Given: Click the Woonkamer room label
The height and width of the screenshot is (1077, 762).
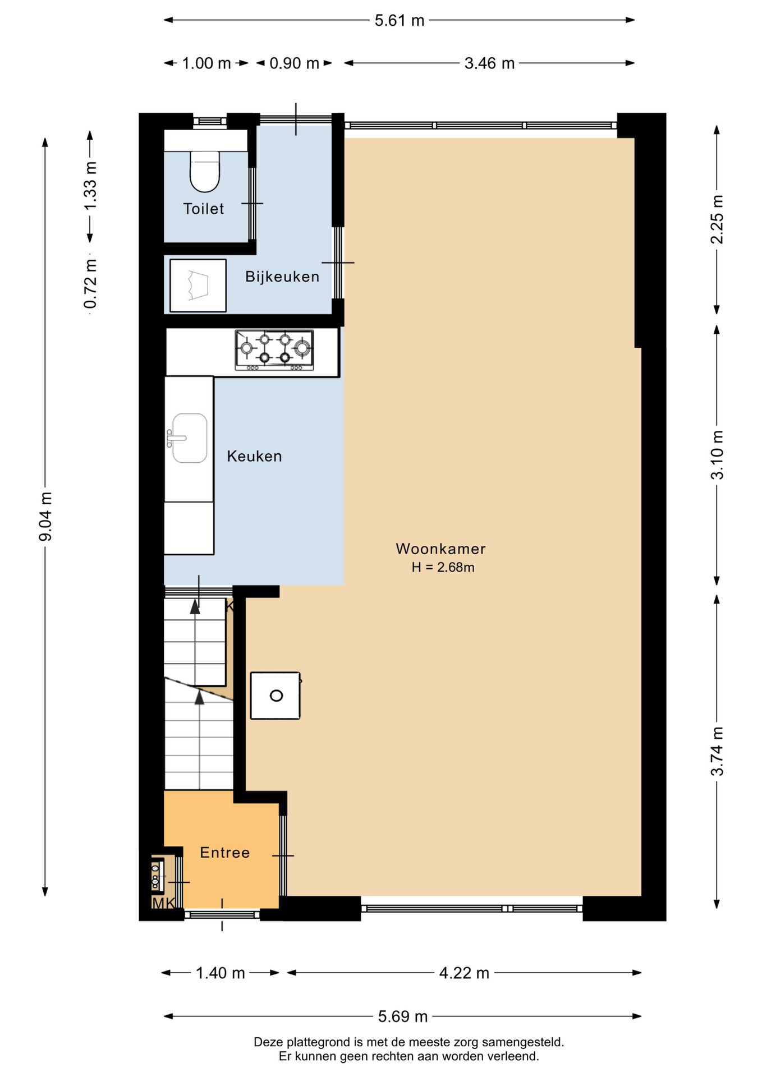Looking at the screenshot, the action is [440, 549].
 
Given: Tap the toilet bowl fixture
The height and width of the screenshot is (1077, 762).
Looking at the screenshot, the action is [205, 171].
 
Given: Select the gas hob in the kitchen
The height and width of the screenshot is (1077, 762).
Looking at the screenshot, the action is [274, 350].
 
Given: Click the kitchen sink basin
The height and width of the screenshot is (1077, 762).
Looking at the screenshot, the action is [190, 438].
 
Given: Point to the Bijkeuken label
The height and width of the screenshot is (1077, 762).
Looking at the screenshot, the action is [282, 277].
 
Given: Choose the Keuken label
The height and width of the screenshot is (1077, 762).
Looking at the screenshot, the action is [254, 456].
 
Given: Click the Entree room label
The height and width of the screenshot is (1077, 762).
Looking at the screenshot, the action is [224, 853].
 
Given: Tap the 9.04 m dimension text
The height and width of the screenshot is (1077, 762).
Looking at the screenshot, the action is [45, 517].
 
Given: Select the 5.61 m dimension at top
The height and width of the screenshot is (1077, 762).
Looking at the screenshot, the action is [400, 21].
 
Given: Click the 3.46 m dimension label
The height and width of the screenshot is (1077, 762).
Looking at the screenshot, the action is [489, 63].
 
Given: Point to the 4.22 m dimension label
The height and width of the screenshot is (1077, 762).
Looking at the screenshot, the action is [464, 973].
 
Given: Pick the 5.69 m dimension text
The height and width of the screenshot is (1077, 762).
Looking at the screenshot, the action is [403, 1016].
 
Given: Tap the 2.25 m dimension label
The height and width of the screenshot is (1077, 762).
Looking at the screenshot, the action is [717, 219].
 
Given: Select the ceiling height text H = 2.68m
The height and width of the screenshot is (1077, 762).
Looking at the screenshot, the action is [443, 568].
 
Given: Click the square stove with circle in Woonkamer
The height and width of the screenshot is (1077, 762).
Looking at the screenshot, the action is [276, 696].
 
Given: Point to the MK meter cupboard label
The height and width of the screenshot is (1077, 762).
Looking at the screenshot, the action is [163, 903].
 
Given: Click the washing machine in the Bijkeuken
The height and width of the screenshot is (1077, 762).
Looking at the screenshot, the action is [198, 286].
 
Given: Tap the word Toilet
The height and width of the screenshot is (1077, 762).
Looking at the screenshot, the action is [204, 209].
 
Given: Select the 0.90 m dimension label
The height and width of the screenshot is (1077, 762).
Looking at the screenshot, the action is [294, 63].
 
